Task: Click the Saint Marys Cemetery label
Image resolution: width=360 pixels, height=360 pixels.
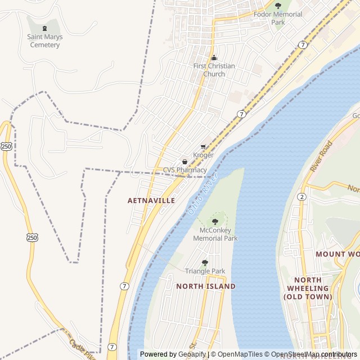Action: pos(45,41)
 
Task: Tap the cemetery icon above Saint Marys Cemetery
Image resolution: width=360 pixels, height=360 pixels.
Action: pos(45,28)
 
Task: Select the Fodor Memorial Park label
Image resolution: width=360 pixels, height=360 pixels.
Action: pos(278,18)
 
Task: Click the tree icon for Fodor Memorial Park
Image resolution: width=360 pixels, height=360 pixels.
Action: pos(278,6)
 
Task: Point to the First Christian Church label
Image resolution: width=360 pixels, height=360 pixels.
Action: pos(214,70)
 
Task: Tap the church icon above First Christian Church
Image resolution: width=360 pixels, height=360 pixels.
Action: pos(214,57)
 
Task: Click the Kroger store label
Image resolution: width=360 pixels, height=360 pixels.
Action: pos(203,155)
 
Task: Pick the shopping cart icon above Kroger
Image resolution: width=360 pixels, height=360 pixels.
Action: pos(203,147)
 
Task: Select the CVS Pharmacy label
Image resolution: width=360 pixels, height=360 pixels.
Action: pos(185,170)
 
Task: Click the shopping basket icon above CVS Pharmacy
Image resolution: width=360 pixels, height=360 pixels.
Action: pos(184,162)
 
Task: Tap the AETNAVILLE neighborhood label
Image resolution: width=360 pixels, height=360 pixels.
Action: pos(151,200)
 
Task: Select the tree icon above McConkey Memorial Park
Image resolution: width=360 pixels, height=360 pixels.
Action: pos(215,222)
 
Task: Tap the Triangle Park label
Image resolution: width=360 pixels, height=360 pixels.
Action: pos(205,271)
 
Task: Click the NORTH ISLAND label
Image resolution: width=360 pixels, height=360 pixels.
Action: pos(206,286)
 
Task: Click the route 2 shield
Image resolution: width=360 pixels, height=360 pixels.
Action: pos(302,196)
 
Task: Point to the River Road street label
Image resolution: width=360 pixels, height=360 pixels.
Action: pos(322,156)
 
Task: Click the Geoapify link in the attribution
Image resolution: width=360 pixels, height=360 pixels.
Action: pos(192,354)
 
